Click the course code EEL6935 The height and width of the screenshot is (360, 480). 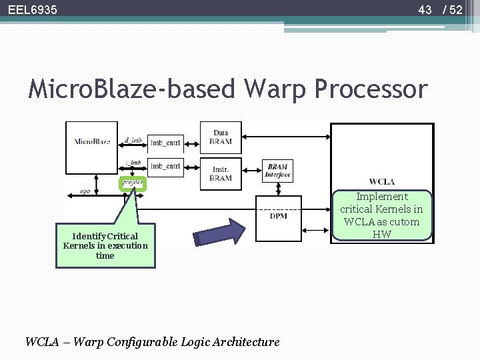pyautogui.click(x=33, y=10)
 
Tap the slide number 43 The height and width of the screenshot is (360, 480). pyautogui.click(x=425, y=10)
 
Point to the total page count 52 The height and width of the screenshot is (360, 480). pyautogui.click(x=456, y=10)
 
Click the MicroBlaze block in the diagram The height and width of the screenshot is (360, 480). pyautogui.click(x=93, y=142)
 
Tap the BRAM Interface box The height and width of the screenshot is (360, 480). pyautogui.click(x=277, y=170)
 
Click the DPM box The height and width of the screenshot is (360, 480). pyautogui.click(x=278, y=215)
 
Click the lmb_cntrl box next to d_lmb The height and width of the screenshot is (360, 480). pyautogui.click(x=165, y=143)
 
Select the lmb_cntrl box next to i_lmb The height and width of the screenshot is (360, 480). pyautogui.click(x=165, y=166)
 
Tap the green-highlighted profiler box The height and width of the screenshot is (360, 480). pyautogui.click(x=133, y=182)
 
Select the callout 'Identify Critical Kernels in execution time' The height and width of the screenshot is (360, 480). pyautogui.click(x=105, y=245)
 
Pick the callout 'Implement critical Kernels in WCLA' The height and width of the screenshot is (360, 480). pyautogui.click(x=382, y=215)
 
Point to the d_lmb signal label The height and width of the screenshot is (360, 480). pyautogui.click(x=133, y=139)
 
